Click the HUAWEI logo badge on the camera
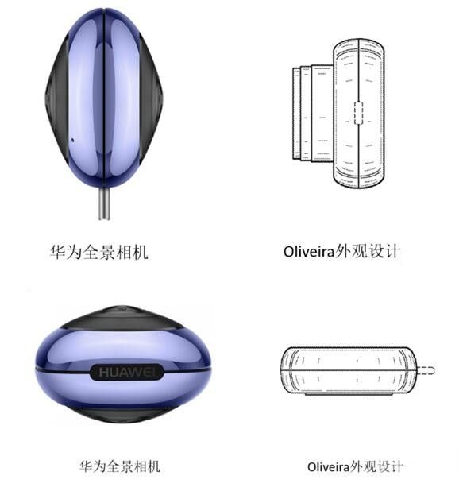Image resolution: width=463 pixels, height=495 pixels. [x=127, y=372]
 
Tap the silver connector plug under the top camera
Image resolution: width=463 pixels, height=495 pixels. [x=104, y=203]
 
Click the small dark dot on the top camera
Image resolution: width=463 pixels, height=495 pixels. [x=72, y=140]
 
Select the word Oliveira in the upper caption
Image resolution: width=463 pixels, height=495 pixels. [x=308, y=252]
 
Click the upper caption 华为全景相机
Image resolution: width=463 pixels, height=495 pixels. [x=99, y=252]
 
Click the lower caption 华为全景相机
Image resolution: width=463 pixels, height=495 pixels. [x=120, y=466]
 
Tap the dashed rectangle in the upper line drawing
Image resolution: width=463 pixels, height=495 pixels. [x=358, y=113]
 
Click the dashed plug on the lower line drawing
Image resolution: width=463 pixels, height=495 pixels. [x=426, y=370]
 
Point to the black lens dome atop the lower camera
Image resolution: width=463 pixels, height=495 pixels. [x=122, y=317]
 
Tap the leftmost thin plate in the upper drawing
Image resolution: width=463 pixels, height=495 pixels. [x=296, y=114]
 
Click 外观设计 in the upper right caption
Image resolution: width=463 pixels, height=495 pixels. [x=368, y=252]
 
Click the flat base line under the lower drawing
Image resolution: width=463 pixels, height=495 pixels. [x=348, y=394]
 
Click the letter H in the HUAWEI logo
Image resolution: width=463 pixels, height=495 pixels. [x=104, y=372]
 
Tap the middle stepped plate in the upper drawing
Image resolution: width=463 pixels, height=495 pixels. [x=306, y=114]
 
